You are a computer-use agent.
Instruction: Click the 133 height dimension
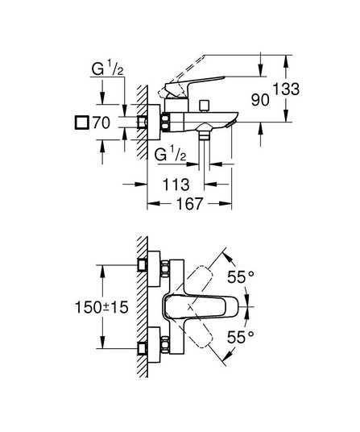[286, 89]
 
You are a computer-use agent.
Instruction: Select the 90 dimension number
[260, 99]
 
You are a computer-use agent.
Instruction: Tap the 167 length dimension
[189, 204]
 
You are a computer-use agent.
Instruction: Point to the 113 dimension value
[176, 185]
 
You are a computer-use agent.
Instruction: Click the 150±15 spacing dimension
[101, 307]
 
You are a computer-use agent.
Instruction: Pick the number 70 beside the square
[101, 123]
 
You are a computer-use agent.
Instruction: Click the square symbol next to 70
[82, 123]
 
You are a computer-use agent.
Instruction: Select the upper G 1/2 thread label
[107, 69]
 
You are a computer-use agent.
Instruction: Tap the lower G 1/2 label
[170, 154]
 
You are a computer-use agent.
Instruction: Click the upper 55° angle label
[241, 277]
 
